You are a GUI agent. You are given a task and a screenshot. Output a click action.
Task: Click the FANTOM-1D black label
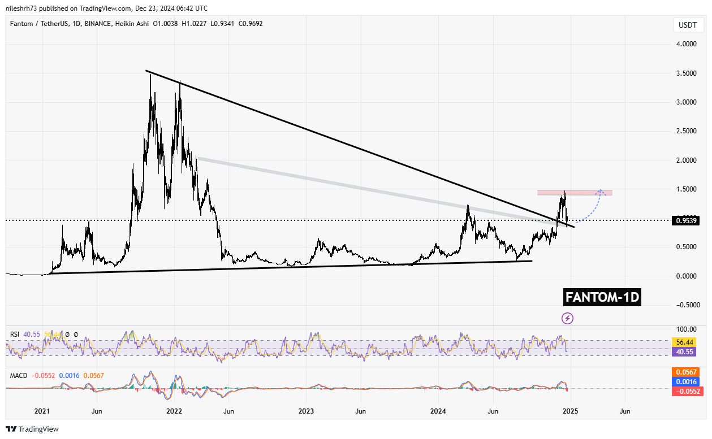[602, 297]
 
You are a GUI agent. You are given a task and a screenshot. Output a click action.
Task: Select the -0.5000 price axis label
[687, 305]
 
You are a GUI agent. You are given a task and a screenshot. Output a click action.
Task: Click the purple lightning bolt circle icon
[567, 318]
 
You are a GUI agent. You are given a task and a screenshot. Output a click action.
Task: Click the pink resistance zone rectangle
[575, 193]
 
